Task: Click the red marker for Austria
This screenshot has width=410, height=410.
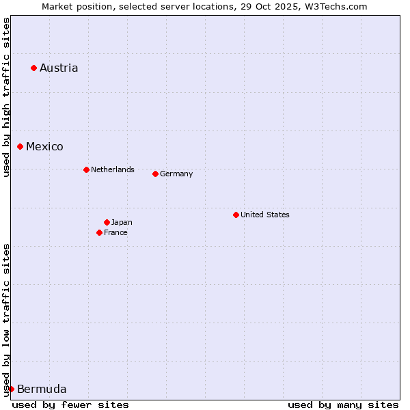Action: click(x=33, y=68)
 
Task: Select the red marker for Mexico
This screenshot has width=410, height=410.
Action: click(x=20, y=146)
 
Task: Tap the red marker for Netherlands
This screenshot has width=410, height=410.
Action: click(x=86, y=169)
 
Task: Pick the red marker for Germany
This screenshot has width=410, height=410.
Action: click(x=155, y=174)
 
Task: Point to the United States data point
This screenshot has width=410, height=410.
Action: click(x=236, y=215)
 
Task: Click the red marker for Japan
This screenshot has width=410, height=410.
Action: click(x=107, y=222)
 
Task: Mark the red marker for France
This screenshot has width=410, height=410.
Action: click(x=99, y=232)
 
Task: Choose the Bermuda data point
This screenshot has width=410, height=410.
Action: click(x=11, y=389)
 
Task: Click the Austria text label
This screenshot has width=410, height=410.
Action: click(x=59, y=68)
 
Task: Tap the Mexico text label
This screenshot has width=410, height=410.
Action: click(x=44, y=146)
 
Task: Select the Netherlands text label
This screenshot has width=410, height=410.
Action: click(x=113, y=169)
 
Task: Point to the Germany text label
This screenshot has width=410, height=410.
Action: click(x=176, y=174)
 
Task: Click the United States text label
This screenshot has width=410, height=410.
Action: click(x=265, y=215)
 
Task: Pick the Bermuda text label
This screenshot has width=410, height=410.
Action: click(x=42, y=389)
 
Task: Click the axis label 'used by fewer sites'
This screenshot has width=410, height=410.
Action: click(x=70, y=405)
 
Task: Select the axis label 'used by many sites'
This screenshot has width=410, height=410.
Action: click(x=343, y=405)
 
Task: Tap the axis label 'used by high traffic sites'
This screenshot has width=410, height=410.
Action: click(x=6, y=97)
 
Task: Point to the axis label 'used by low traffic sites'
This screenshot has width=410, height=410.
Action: click(x=6, y=320)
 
